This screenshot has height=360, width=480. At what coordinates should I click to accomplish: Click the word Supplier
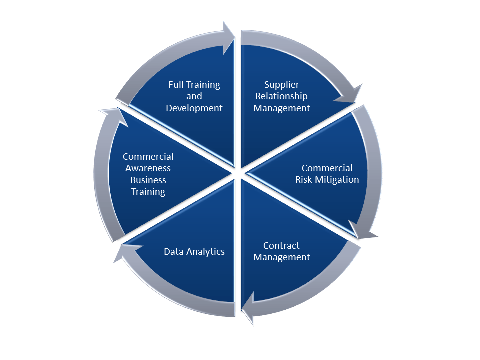(282, 85)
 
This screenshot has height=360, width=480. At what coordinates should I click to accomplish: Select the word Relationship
(282, 96)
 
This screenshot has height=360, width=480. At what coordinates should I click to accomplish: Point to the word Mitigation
(336, 180)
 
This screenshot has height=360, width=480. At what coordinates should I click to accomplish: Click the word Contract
(281, 246)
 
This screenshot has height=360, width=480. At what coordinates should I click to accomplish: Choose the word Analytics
(205, 252)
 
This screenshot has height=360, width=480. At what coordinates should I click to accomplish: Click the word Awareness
(148, 168)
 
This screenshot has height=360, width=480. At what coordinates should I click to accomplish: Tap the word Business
(148, 180)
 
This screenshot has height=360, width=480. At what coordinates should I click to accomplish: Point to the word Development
(194, 108)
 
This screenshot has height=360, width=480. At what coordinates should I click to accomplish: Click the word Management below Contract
(282, 257)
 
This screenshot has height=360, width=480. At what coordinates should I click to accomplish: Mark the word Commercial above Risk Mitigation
(327, 168)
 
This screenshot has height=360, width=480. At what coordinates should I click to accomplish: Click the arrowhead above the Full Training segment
(228, 37)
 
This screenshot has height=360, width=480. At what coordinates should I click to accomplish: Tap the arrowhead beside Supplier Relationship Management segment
(350, 95)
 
